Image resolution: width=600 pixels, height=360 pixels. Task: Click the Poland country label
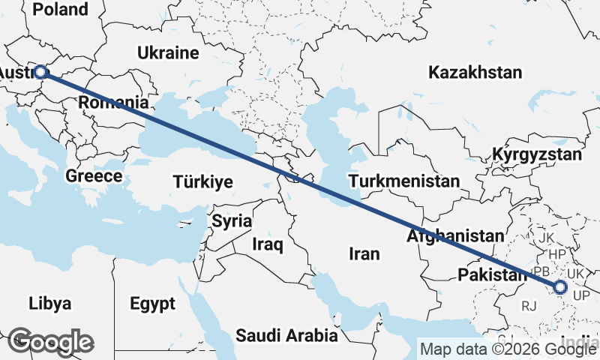click(61, 9)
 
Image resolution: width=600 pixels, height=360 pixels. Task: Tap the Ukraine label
click(168, 53)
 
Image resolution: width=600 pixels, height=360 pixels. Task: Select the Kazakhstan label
click(475, 73)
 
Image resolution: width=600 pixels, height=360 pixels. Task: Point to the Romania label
click(112, 102)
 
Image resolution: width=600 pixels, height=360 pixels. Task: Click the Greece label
click(94, 176)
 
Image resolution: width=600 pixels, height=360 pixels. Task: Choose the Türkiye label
click(202, 181)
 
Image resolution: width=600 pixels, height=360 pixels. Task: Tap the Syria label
click(227, 221)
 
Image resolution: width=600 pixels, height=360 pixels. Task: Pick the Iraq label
click(267, 244)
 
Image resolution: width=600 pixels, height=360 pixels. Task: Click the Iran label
click(364, 254)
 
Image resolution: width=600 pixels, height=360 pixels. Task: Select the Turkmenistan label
click(404, 181)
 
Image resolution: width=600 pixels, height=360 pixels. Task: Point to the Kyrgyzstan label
click(537, 155)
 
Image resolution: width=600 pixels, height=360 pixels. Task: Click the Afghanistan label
click(455, 235)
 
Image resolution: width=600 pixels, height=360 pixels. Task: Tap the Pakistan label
click(493, 274)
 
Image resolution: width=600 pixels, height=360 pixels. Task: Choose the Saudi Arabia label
click(286, 335)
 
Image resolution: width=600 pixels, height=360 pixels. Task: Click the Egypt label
click(152, 304)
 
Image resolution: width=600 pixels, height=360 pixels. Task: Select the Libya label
click(50, 304)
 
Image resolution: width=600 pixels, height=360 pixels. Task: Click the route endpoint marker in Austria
click(41, 73)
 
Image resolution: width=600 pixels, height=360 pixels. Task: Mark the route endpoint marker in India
click(560, 287)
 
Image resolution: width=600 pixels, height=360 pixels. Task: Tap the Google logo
click(50, 342)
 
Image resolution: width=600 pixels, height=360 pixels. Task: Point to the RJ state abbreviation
click(530, 305)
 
